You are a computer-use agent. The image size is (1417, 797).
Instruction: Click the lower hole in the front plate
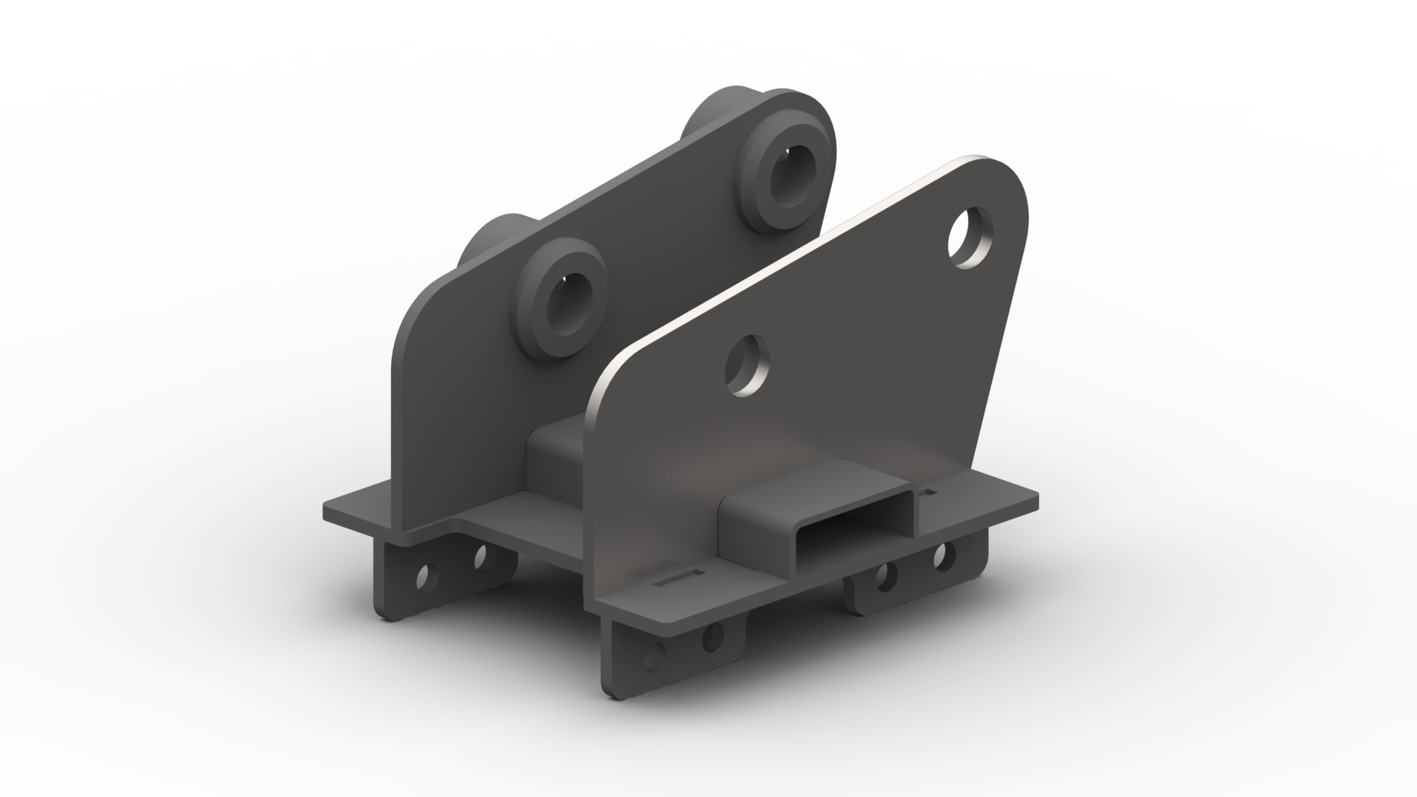pos(748,365)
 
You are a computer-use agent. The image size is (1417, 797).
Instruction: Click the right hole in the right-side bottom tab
pos(941,556)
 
